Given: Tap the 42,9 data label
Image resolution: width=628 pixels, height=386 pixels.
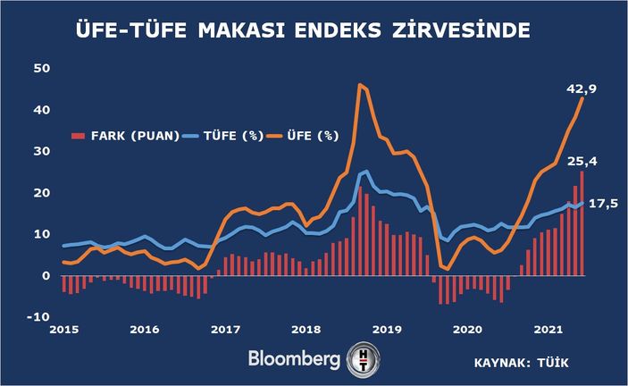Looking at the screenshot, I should (x=581, y=88).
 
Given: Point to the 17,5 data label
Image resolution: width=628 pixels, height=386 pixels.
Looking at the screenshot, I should (x=602, y=204).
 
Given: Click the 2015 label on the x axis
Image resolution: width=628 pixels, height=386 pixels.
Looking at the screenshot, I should (x=63, y=330).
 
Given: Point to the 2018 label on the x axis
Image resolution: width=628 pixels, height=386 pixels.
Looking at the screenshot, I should (x=306, y=330).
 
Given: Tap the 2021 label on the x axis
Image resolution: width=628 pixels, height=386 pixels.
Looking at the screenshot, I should (x=548, y=330).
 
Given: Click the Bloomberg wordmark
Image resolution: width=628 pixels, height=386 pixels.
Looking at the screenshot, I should (x=295, y=361).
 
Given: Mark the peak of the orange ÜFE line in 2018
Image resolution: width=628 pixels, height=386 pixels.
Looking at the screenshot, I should (x=359, y=85).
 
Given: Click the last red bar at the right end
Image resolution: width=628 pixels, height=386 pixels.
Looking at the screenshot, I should (x=582, y=223).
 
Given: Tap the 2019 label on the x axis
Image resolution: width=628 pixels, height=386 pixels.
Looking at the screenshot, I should (x=388, y=330).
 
